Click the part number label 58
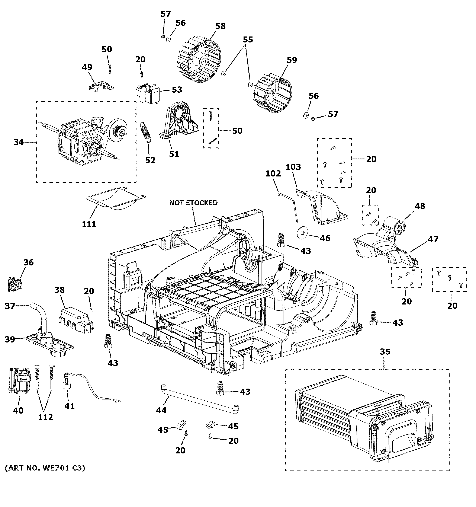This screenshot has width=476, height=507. click(221, 26)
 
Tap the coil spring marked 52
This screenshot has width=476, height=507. click(146, 131)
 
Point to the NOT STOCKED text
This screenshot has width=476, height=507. click(193, 203)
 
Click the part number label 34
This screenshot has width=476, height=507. click(18, 142)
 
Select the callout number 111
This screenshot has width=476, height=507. click(89, 224)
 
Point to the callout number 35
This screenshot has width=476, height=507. click(385, 352)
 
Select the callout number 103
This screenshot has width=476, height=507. click(293, 167)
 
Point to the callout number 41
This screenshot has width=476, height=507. click(69, 406)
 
